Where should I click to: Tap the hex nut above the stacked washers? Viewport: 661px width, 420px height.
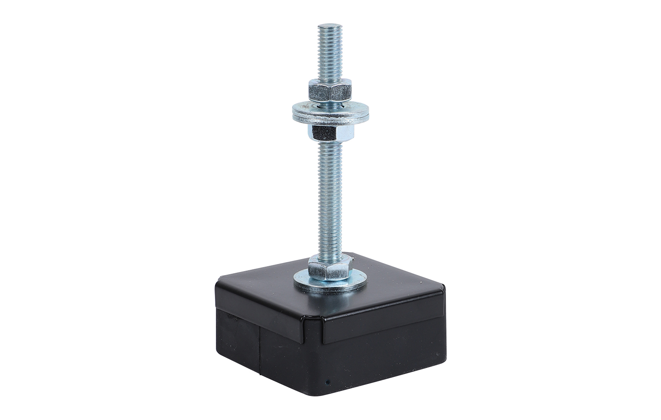(x=329, y=91)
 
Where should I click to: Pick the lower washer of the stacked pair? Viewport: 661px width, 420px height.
(x=329, y=115)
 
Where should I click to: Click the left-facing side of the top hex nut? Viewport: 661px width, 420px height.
(x=314, y=92)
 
